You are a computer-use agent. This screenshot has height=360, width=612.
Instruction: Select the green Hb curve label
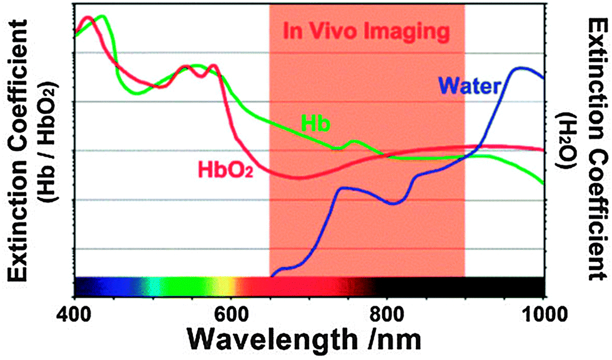(315, 123)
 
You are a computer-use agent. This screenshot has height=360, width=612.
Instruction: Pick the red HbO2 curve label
(225, 167)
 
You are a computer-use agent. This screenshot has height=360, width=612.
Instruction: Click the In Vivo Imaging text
(366, 31)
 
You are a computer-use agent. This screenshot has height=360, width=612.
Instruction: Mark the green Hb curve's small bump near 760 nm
(355, 142)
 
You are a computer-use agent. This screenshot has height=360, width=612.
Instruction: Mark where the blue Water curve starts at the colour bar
(272, 275)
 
